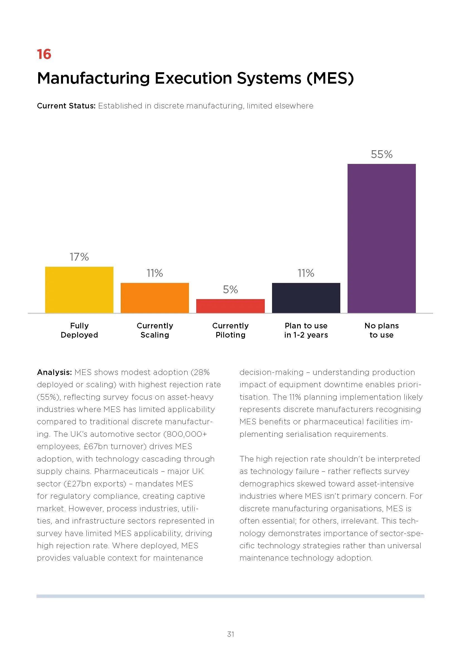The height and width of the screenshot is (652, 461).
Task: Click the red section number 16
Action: [44, 54]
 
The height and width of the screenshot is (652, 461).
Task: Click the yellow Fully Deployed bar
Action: [79, 290]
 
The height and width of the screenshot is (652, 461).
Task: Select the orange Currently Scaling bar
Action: [155, 298]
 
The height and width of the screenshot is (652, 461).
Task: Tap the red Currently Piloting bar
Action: [230, 306]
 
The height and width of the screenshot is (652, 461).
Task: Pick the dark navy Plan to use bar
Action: [306, 298]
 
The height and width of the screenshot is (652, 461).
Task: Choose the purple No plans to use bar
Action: [382, 238]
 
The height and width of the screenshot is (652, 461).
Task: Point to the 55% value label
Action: [382, 154]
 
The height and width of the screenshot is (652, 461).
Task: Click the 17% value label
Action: [79, 257]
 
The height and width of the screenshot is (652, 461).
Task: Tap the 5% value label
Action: [230, 290]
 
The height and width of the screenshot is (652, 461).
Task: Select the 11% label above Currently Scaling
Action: [155, 273]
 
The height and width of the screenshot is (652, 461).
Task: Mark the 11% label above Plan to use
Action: [306, 273]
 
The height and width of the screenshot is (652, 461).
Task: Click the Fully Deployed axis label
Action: [79, 330]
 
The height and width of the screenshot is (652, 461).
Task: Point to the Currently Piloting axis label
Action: [230, 330]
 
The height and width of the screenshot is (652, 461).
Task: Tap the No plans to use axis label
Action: [382, 330]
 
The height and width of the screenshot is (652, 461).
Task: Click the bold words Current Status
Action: [66, 106]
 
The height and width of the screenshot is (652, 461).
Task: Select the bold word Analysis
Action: [55, 372]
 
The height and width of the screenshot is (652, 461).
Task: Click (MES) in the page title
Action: [330, 78]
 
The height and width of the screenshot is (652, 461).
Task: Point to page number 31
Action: [230, 634]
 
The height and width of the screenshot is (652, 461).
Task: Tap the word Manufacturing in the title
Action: [93, 78]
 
